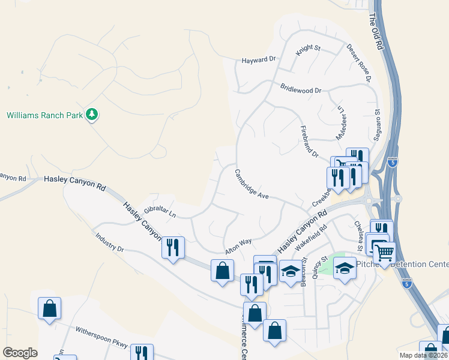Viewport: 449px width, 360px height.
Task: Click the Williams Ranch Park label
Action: pos(44,115)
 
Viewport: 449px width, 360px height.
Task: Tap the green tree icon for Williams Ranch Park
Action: pos(92,114)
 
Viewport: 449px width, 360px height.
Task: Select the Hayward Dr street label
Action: pos(258,59)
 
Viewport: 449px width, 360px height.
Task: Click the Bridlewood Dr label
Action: pos(301,89)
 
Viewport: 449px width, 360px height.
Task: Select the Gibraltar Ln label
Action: pos(155,210)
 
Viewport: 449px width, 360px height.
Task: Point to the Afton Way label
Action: pos(238,244)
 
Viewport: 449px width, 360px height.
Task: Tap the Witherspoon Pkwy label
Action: pos(101,337)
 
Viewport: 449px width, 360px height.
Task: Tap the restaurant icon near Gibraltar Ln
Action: pos(172,247)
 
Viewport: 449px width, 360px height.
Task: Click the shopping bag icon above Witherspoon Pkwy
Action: pos(49,308)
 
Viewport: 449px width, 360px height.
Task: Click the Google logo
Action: pos(20,353)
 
